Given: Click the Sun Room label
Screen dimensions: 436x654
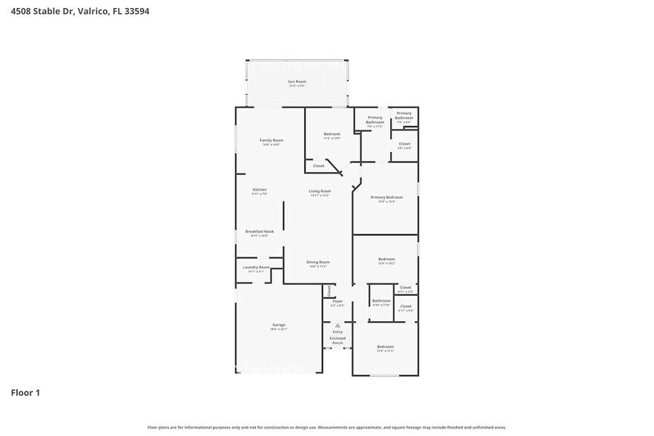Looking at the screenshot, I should pyautogui.click(x=297, y=81).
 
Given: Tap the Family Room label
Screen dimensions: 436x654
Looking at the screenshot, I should pyautogui.click(x=271, y=140).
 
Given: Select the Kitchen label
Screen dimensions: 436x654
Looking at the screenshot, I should pyautogui.click(x=259, y=190).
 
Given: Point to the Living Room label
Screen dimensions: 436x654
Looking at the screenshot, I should pyautogui.click(x=320, y=191).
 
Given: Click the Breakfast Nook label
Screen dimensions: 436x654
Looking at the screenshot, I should pyautogui.click(x=260, y=231).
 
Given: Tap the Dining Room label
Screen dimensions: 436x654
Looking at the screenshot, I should pyautogui.click(x=318, y=262).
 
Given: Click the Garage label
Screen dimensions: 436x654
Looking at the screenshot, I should pyautogui.click(x=278, y=325).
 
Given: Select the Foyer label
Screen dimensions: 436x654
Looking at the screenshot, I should pyautogui.click(x=337, y=301).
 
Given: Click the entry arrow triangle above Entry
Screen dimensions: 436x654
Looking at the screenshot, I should pyautogui.click(x=337, y=325).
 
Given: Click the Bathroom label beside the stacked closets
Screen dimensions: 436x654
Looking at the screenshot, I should pyautogui.click(x=381, y=300).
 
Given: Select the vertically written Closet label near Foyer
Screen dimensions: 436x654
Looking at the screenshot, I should pyautogui.click(x=329, y=290).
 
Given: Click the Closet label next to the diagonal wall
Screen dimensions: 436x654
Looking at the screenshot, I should pyautogui.click(x=318, y=166).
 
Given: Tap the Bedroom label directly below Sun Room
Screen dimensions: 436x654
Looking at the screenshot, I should pyautogui.click(x=331, y=134).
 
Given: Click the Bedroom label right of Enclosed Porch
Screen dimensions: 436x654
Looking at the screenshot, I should pyautogui.click(x=385, y=347).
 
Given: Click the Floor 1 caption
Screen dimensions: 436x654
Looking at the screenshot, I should pyautogui.click(x=24, y=392).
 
